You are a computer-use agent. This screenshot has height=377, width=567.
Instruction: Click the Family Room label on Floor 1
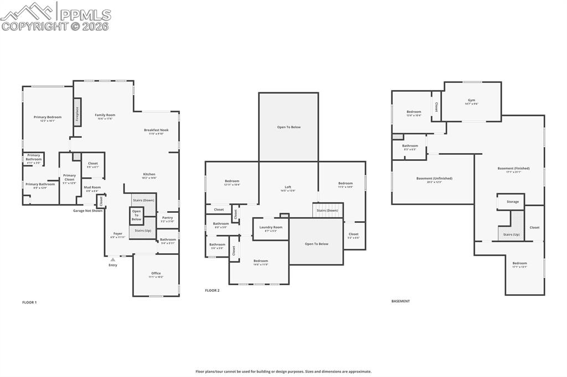click(x=105, y=115)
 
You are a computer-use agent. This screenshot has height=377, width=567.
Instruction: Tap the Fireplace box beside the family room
click(x=77, y=112)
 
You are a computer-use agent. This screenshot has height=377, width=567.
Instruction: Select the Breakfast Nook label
click(x=156, y=130)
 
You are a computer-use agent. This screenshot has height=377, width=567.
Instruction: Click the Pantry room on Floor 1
click(x=167, y=219)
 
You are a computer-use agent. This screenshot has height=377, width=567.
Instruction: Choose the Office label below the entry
click(x=156, y=274)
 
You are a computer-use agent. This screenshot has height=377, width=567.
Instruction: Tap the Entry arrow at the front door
click(x=113, y=259)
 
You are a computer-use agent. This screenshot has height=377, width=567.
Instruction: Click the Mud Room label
click(x=92, y=188)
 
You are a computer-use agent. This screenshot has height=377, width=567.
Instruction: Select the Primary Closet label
click(x=69, y=177)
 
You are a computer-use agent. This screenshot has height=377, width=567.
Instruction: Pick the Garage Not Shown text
click(x=87, y=211)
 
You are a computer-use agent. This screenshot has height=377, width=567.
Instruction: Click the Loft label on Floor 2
click(x=288, y=187)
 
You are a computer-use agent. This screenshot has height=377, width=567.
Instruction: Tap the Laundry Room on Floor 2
click(x=271, y=228)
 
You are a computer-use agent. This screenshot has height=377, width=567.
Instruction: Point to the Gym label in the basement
click(x=471, y=101)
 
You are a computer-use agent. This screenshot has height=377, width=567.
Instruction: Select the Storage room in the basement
click(x=513, y=202)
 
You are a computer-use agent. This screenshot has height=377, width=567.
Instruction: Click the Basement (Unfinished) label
click(x=434, y=179)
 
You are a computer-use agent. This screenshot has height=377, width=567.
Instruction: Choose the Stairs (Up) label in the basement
click(x=511, y=234)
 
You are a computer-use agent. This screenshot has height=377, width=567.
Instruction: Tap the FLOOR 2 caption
click(x=212, y=290)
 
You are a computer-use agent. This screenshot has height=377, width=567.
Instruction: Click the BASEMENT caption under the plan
click(x=400, y=301)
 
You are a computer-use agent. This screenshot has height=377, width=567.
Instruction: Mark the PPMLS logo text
click(x=84, y=14)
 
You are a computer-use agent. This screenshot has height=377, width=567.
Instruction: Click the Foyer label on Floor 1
click(x=118, y=234)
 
